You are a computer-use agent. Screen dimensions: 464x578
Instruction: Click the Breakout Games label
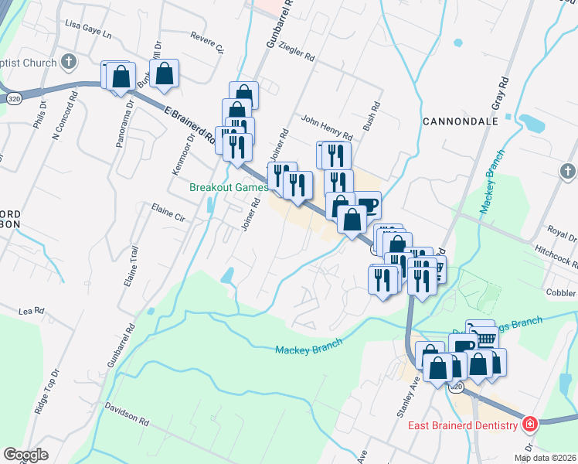coord(229,187)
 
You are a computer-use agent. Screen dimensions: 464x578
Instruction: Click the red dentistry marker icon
coord(530,424)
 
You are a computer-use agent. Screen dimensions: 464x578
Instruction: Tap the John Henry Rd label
coord(327,120)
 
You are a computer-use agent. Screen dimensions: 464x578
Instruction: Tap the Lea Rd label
coord(28,310)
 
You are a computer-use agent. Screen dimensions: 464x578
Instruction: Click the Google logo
coord(25,455)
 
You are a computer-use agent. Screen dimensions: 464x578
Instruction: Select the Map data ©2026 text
coord(546,458)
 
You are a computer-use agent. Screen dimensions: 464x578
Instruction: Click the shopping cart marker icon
coord(484,337)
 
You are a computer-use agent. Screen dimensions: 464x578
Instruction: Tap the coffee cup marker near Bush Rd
coord(367,205)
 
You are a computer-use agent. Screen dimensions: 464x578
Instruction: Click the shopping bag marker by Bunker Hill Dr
coord(165,74)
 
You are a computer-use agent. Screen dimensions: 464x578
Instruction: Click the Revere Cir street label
coord(206,43)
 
